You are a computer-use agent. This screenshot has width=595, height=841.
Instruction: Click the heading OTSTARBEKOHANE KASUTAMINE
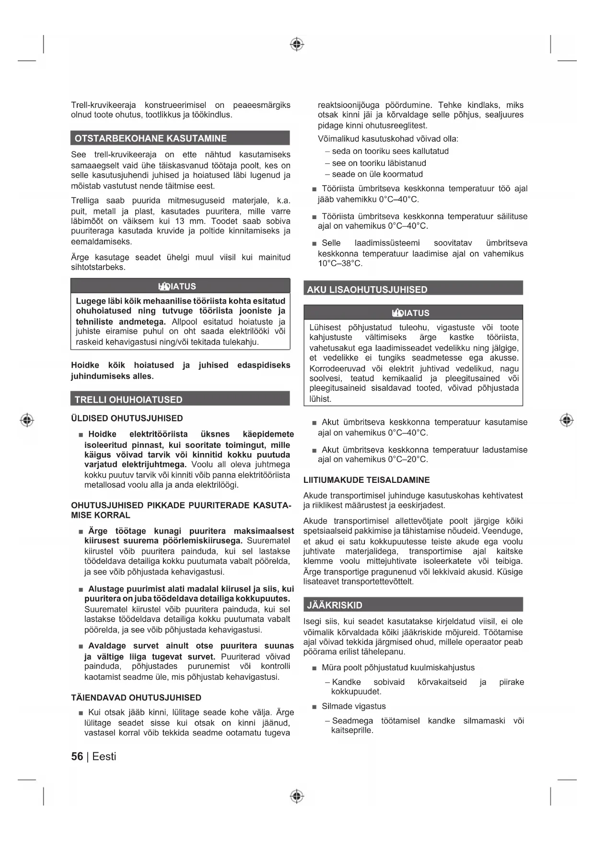(x=151, y=138)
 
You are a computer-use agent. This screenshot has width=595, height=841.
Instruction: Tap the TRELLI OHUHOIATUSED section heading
(x=128, y=399)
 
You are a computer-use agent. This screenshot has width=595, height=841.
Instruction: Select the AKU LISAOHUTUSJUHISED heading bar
(x=367, y=290)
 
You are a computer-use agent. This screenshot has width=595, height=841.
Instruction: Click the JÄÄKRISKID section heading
(x=335, y=605)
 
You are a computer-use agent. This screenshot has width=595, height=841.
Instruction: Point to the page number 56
(x=77, y=757)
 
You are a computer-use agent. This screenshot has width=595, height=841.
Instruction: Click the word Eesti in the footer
(x=104, y=757)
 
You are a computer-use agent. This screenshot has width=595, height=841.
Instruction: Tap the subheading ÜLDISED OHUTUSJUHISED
(x=127, y=418)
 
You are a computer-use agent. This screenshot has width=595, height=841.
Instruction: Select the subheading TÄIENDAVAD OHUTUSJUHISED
(x=136, y=698)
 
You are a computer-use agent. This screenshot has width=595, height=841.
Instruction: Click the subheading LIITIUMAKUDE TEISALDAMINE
(x=366, y=480)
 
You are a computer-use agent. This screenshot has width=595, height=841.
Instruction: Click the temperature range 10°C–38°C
(x=340, y=264)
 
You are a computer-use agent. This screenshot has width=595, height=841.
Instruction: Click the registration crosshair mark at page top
(x=297, y=45)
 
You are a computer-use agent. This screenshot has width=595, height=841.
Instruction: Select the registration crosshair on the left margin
(x=27, y=420)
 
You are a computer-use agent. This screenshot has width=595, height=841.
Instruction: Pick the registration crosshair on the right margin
(x=566, y=420)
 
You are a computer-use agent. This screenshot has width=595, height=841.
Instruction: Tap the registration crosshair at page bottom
(x=297, y=796)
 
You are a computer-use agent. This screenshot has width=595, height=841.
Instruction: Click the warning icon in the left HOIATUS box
(x=163, y=287)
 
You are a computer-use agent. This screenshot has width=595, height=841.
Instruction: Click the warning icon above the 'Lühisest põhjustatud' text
(x=397, y=314)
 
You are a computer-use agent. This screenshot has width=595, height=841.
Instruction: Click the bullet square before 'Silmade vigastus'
(x=315, y=707)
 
